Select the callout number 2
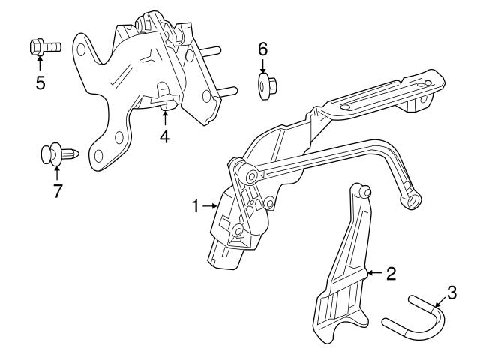(x=390, y=273)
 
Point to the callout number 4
(x=163, y=136)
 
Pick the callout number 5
(x=40, y=82)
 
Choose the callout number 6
(x=262, y=49)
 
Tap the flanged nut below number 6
(x=265, y=86)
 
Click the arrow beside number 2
(x=374, y=273)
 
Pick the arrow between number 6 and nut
(x=262, y=66)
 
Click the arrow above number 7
(x=56, y=173)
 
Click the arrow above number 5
(x=40, y=64)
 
